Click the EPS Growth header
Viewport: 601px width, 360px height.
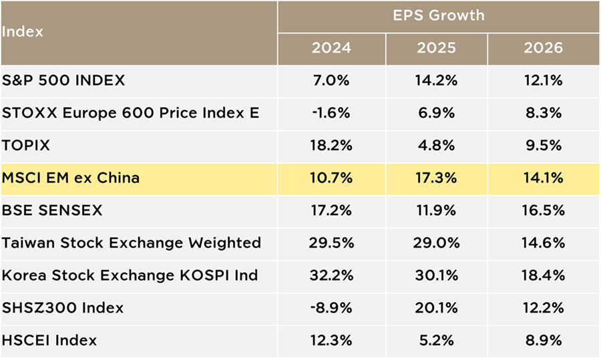[439, 16]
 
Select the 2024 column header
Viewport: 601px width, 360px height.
[331, 48]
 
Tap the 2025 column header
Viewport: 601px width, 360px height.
[436, 48]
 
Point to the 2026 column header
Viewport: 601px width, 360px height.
[543, 48]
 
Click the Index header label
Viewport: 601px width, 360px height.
[22, 31]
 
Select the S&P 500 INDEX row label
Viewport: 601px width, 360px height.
[63, 81]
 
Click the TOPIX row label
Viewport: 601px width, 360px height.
[25, 146]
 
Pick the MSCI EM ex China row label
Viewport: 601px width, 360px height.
[71, 178]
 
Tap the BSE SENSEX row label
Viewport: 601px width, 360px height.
[52, 210]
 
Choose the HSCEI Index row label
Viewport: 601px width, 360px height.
[49, 341]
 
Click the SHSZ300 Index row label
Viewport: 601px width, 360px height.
[63, 308]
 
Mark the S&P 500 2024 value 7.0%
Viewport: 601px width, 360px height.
[331, 81]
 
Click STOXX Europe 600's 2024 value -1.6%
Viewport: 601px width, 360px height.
[331, 113]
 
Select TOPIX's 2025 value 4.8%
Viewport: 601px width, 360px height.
[436, 146]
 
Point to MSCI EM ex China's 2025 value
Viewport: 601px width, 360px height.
[436, 178]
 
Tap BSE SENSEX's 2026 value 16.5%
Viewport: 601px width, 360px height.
[543, 210]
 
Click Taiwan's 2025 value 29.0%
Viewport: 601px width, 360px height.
[436, 242]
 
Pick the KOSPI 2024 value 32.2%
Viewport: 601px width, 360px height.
[331, 275]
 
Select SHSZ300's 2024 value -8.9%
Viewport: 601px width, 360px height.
[331, 308]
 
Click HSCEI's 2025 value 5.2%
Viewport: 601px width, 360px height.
[436, 341]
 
